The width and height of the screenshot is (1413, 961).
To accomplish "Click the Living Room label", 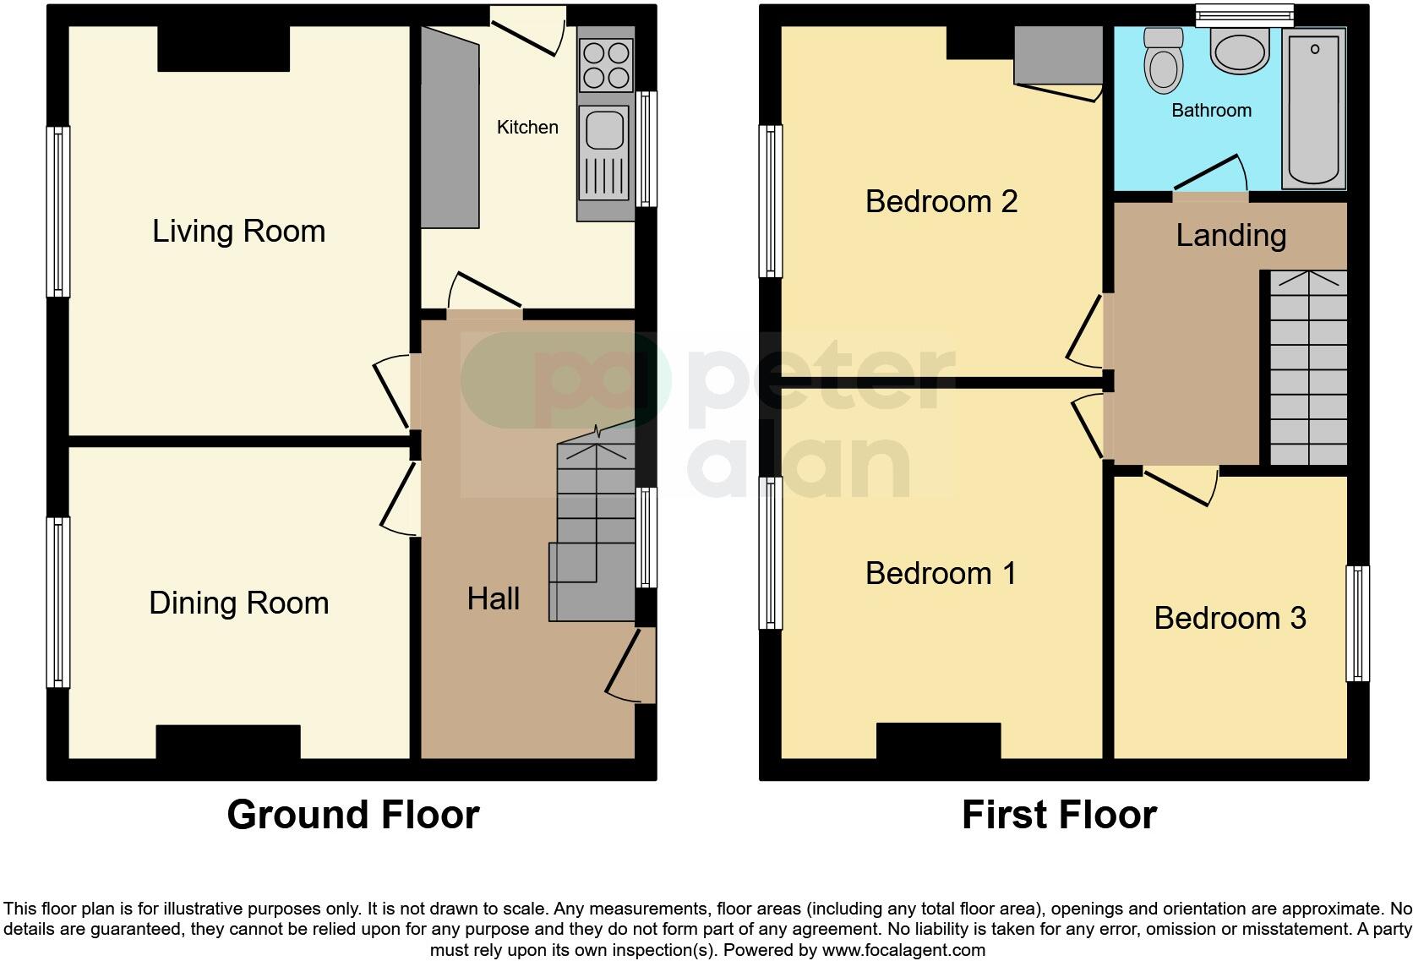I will pos(238,231).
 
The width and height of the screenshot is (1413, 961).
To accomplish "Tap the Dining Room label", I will pos(238,603).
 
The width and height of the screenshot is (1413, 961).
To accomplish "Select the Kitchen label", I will pos(527,127).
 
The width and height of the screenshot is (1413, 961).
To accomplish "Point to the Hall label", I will pos(493,598).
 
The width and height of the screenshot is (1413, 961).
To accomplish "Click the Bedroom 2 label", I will pos(941,201).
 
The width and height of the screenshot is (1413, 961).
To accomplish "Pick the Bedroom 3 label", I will pos(1230,618).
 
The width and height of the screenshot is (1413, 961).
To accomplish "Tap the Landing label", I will pos(1230,235).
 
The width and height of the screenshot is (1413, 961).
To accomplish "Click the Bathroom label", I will pos(1211,110).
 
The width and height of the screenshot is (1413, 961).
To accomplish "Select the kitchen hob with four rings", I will pos(606,65).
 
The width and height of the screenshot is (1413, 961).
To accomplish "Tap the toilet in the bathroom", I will pos(1163,59).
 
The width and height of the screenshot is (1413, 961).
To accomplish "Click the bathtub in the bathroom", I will pos(1314,108).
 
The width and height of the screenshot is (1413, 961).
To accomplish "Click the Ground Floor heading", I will pos(353,815).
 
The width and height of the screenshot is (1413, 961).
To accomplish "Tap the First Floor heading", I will pos(1059,815).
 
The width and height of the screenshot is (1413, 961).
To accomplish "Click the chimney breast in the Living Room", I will pos(224,48).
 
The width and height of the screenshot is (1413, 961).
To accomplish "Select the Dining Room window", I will pos(57,601).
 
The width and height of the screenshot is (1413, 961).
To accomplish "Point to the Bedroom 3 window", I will pos(1357,623).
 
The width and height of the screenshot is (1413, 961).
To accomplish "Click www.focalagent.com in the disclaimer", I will pos(903,949).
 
